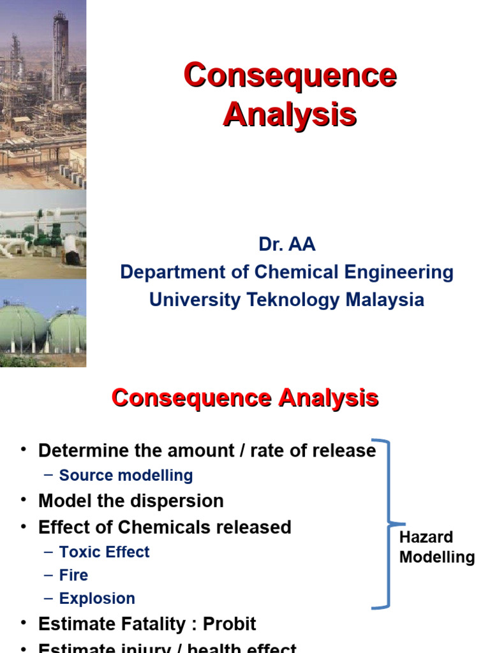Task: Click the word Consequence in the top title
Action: tap(290, 76)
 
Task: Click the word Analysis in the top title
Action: tap(290, 115)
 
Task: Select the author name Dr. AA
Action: tap(286, 245)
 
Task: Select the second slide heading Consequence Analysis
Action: tap(245, 399)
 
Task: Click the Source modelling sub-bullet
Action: tap(126, 475)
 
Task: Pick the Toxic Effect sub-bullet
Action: tap(104, 552)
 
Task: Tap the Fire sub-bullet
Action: tap(73, 575)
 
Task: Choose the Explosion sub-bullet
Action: tap(97, 599)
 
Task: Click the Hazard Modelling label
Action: tap(436, 547)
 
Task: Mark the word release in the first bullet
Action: tap(347, 451)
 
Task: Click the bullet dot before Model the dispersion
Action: tap(24, 501)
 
